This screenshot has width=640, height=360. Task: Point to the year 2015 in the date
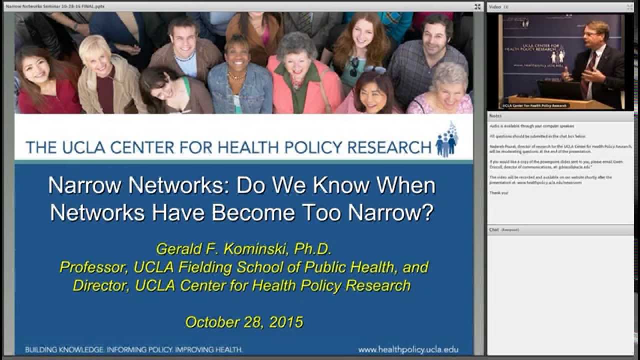click(286, 321)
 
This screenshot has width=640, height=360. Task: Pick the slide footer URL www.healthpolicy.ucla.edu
click(408, 349)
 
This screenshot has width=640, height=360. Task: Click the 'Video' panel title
click(494, 7)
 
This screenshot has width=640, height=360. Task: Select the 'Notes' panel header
click(495, 116)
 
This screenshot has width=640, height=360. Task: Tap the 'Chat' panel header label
click(494, 229)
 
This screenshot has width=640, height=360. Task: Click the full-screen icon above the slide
click(477, 6)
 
